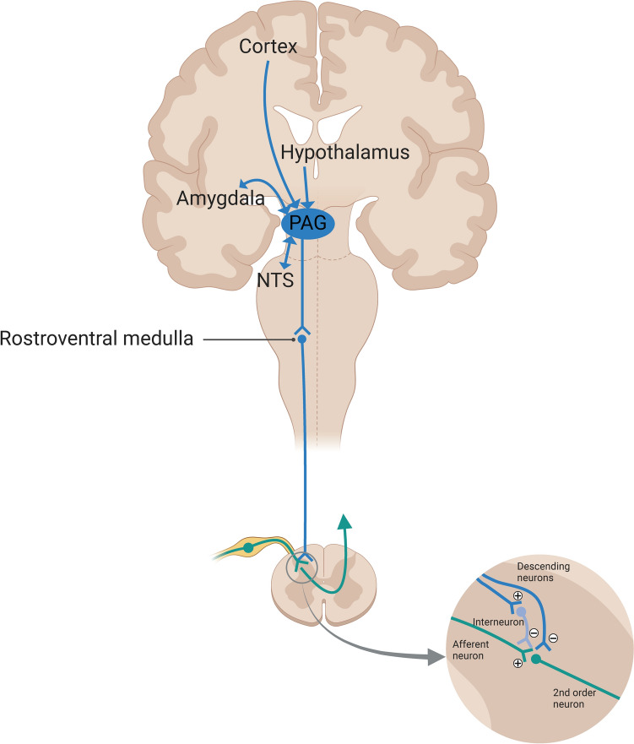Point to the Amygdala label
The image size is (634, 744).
click(x=219, y=198)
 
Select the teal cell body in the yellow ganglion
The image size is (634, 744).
click(x=248, y=547)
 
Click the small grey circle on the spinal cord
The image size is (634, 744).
click(x=301, y=568)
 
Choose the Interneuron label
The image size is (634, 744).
click(x=493, y=622)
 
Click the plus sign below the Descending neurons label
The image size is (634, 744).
click(x=517, y=596)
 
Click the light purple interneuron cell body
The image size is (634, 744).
click(x=523, y=613)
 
